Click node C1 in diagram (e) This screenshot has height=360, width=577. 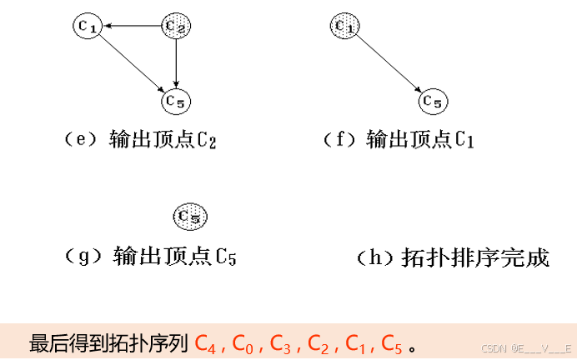pos(87,27)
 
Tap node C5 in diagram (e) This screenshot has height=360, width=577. pos(175,101)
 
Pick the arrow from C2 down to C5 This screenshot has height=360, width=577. pos(175,63)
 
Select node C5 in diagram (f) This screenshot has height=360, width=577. pos(432,101)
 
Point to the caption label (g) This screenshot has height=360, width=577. pos(81,256)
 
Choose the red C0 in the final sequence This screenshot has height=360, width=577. pos(243,343)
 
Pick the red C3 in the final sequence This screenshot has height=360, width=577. pos(280,343)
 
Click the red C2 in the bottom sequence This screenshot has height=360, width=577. pos(318,343)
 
